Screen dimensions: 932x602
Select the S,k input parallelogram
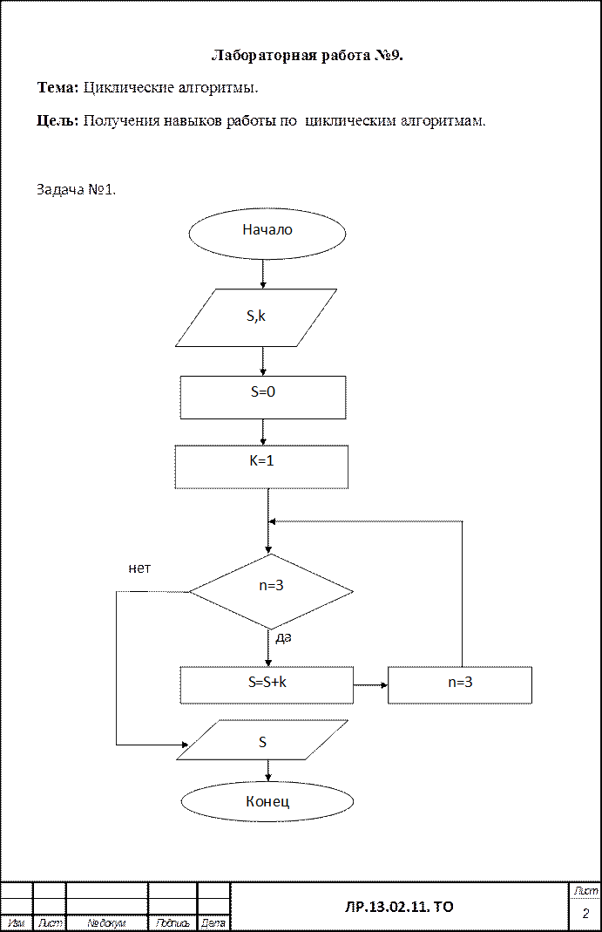point(257,317)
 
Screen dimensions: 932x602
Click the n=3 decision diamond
point(271,591)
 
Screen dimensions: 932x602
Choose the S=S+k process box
point(267,684)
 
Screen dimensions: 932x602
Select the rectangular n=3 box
point(459,684)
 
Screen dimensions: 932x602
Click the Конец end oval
point(267,801)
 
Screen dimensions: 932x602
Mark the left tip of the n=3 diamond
point(192,591)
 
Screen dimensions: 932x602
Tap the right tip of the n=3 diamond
point(351,591)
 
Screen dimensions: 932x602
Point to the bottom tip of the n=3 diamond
point(271,628)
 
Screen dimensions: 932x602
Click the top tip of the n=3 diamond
point(271,554)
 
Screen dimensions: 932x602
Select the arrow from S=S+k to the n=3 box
point(370,684)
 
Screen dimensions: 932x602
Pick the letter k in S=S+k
point(283,683)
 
